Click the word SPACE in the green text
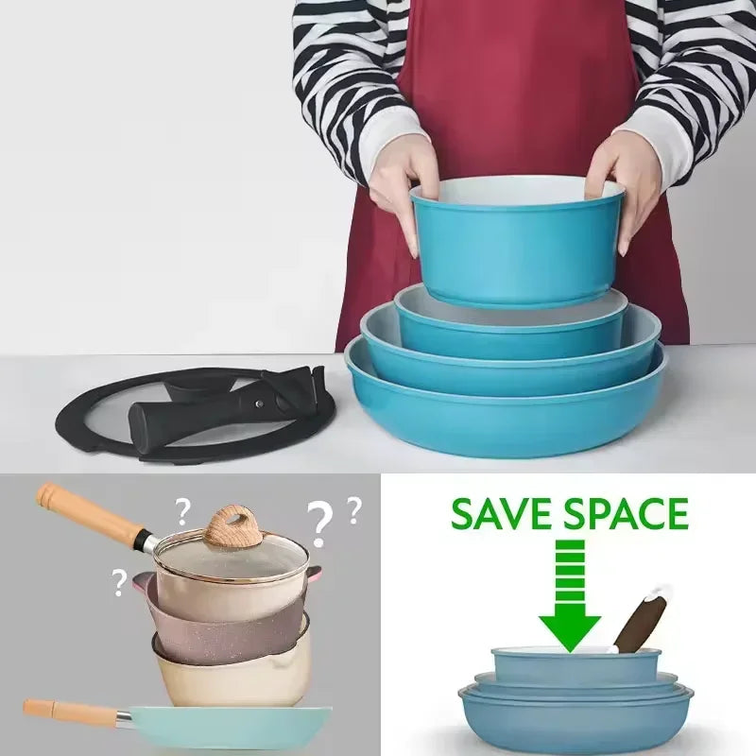[627, 513]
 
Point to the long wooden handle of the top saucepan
[92, 516]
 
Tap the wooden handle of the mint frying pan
[71, 710]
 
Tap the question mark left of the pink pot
[118, 582]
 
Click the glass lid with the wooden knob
[232, 555]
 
